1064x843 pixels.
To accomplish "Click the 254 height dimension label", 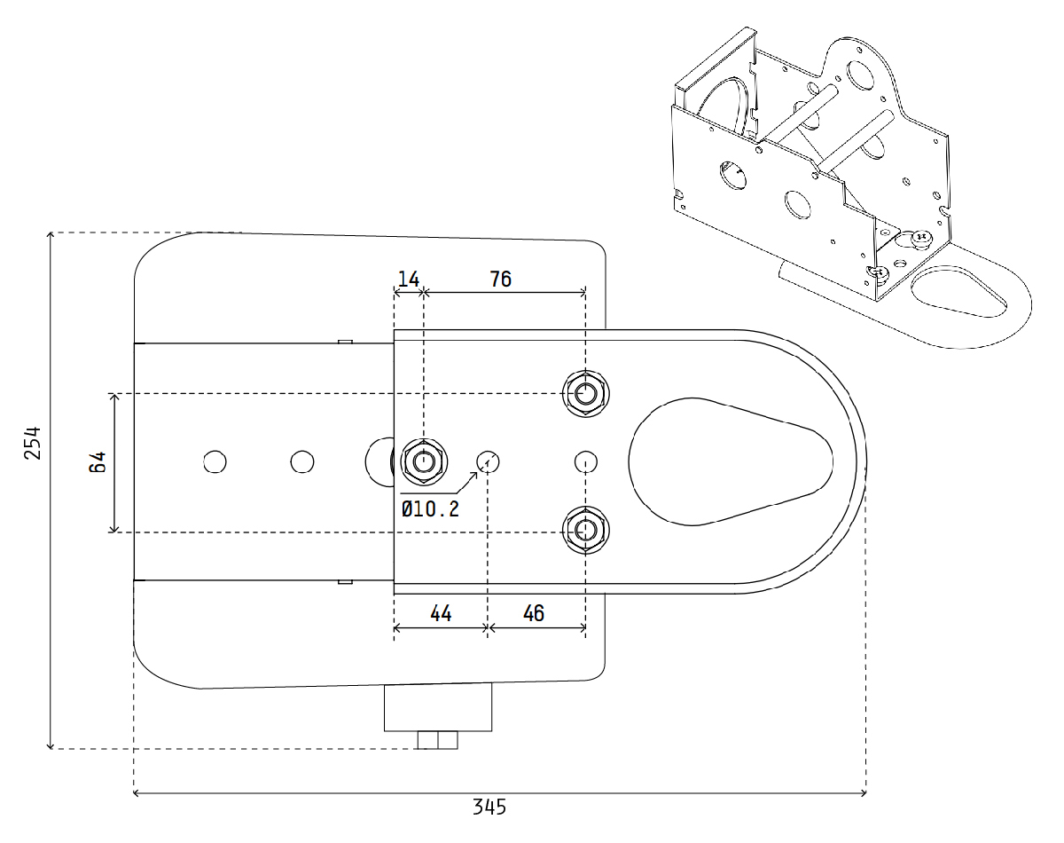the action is pos(33,443).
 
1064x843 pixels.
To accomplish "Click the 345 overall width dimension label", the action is pos(489,807).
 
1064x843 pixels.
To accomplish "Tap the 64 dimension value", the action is pos(98,461).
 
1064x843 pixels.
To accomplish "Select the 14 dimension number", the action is pos(409,280).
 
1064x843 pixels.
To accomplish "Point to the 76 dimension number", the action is pos(500,280).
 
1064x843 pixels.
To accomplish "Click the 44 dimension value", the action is pos(441,614).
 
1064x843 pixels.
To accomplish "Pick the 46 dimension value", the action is pos(534,614).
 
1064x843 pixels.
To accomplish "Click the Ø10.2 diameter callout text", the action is pos(430,508).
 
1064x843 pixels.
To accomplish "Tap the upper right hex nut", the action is pos(586,393).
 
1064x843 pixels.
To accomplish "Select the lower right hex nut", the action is pos(586,531).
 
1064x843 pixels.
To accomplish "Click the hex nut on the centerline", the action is pos(424,462).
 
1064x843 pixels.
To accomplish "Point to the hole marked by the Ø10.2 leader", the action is pos(488,462).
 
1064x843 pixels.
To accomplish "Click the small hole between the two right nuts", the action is pos(586,462).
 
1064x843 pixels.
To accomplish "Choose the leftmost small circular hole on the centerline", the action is pos(215,462).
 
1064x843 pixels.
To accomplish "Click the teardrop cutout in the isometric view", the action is pos(958,292).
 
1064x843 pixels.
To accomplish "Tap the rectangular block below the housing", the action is pos(438,707).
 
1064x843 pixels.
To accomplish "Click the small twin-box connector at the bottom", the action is pos(437,740).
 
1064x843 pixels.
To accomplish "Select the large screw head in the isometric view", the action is pos(921,237).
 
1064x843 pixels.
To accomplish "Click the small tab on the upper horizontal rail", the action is pos(345,342).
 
